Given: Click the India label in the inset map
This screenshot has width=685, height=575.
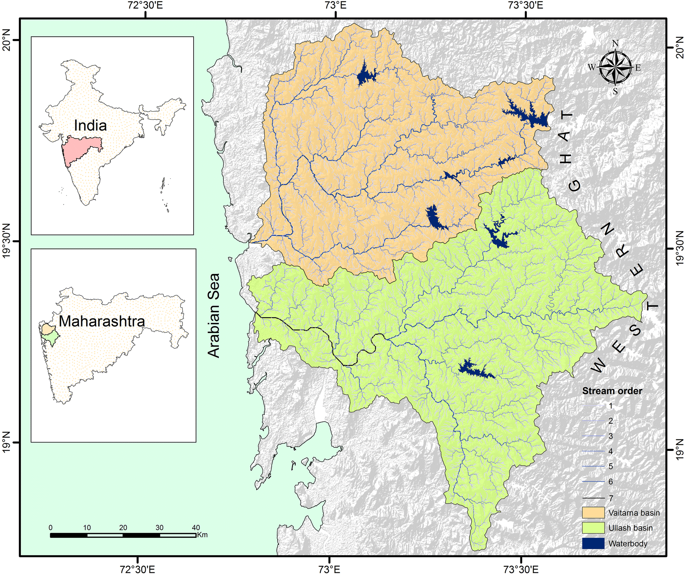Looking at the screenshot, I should tap(90, 126).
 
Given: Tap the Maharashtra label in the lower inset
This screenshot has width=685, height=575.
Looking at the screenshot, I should tap(102, 321).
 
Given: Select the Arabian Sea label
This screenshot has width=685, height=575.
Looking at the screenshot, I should tap(214, 315).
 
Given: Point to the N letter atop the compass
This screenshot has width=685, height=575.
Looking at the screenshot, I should tap(615, 43).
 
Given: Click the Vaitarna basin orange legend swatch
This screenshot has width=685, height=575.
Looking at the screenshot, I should tap(593, 513).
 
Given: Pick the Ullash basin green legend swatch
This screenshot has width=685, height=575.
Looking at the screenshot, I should tap(593, 528).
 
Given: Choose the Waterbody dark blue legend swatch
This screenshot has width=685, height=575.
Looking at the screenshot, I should tap(593, 543).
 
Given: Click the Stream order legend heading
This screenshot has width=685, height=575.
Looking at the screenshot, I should tap(612, 391).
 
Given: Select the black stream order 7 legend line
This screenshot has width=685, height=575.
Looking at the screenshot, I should tap(593, 498).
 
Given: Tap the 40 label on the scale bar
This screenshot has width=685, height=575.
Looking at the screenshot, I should tap(196, 528).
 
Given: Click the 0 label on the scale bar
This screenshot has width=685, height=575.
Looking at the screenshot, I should tap(51, 528).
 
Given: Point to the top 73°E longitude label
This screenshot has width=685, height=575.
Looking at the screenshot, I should tap(335, 5).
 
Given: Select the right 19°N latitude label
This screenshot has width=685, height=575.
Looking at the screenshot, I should tap(679, 450).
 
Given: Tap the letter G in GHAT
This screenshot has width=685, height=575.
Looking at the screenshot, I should tap(575, 185).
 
